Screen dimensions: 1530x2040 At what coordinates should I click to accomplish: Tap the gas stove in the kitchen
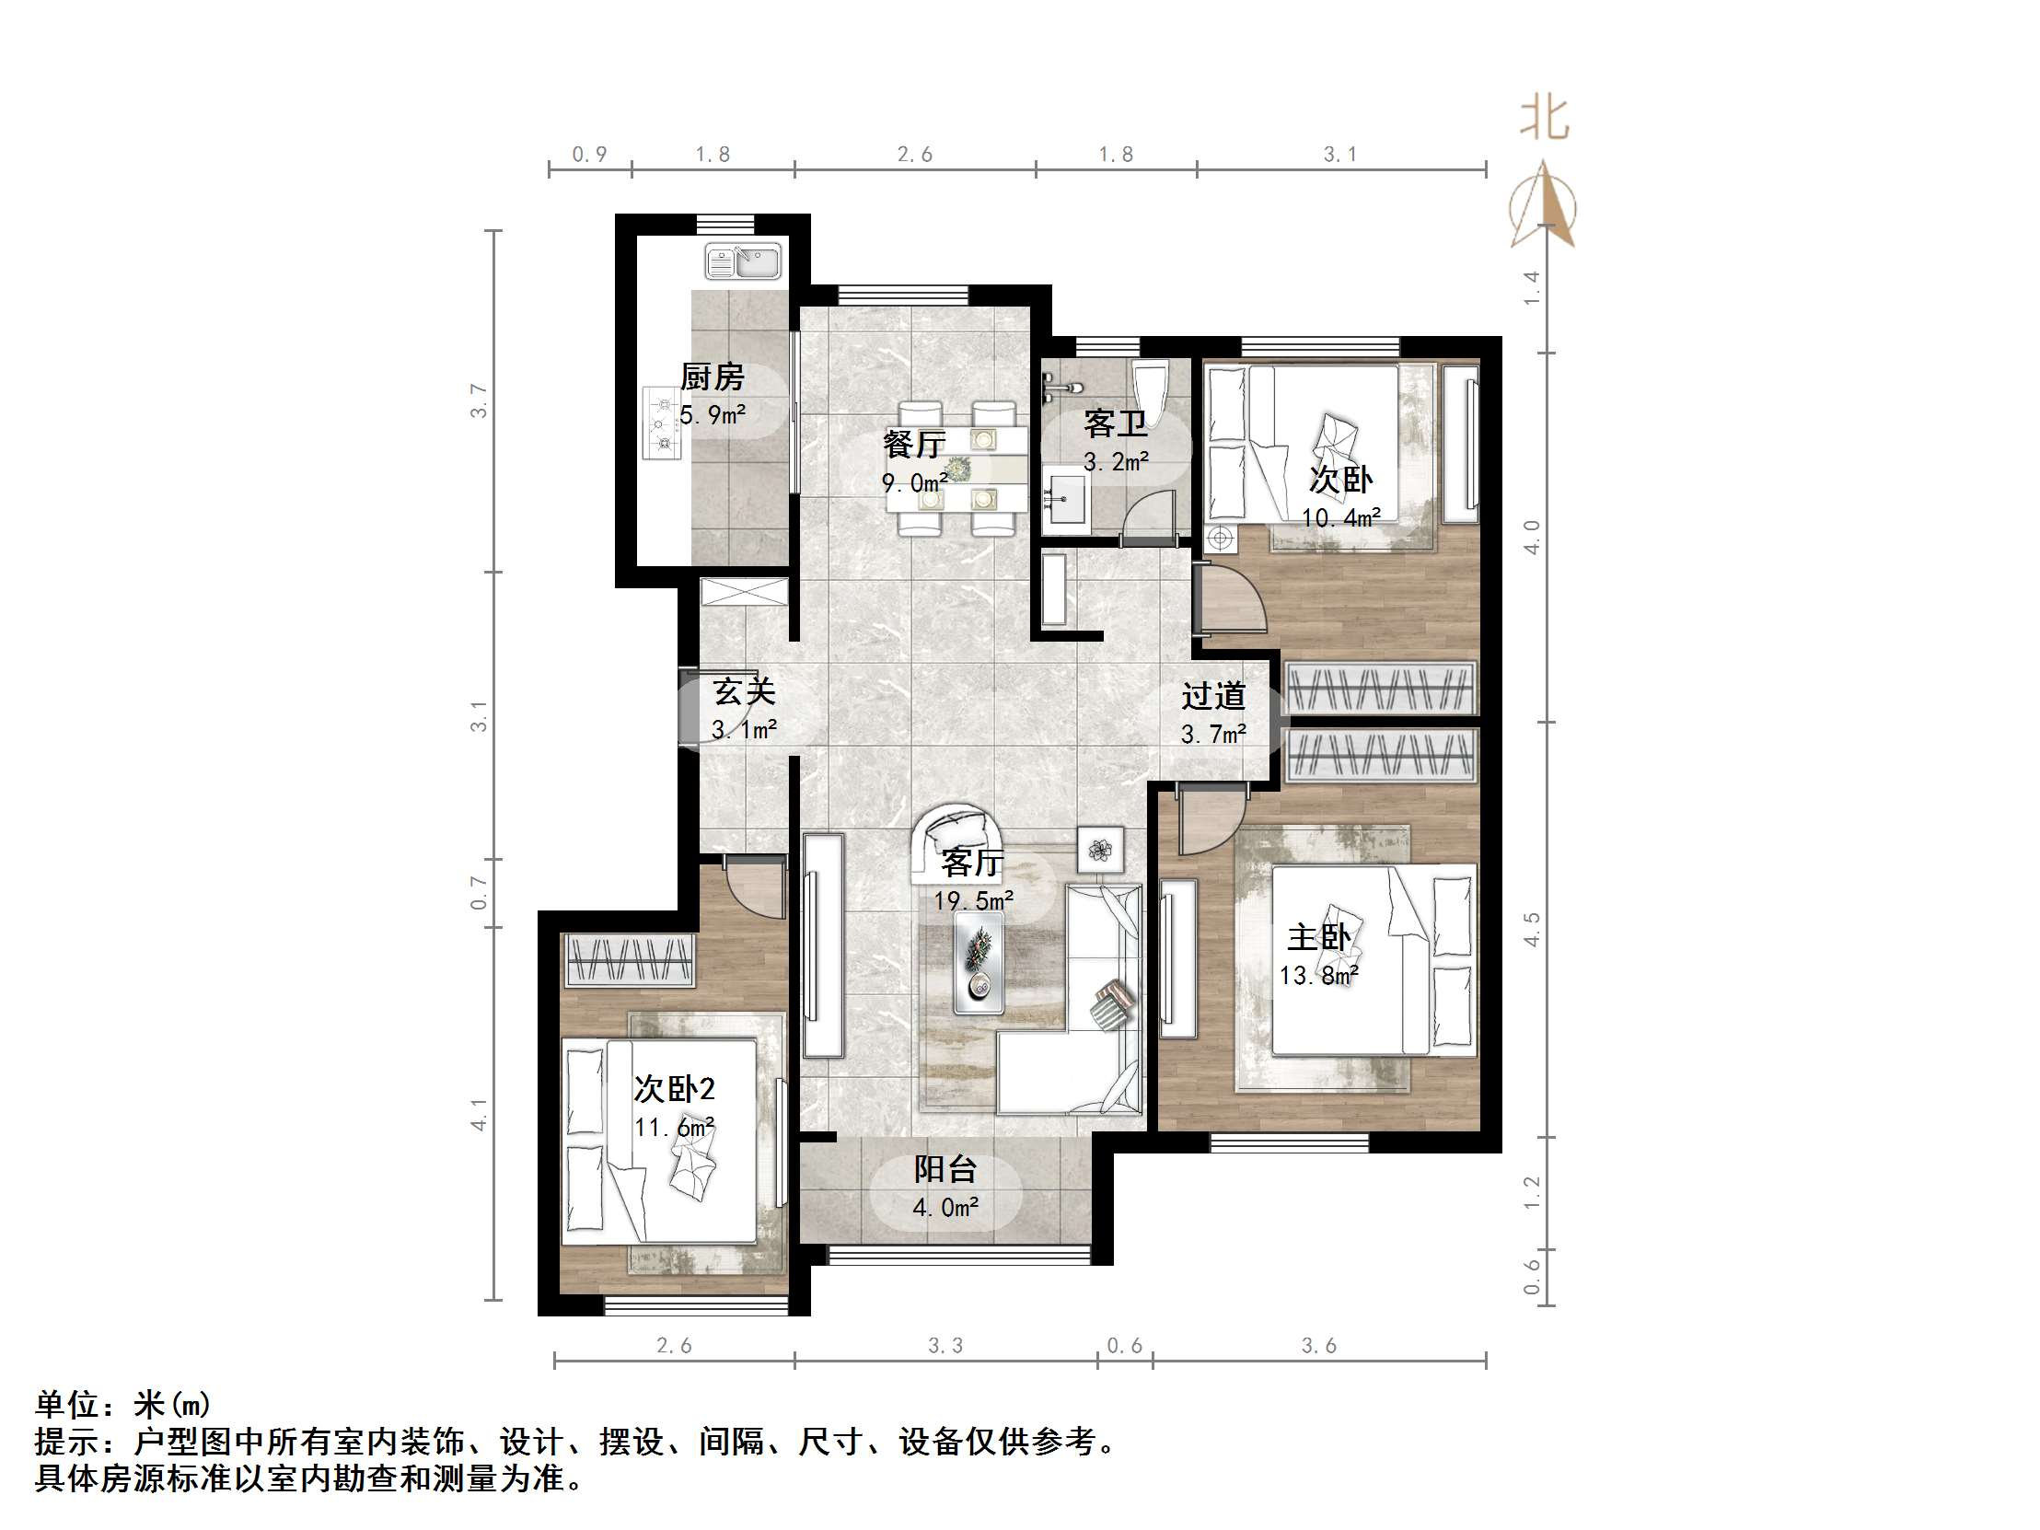click(x=661, y=423)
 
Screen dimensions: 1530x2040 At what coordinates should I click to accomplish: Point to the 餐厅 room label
click(x=914, y=444)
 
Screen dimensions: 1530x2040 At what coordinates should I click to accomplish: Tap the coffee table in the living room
click(x=979, y=963)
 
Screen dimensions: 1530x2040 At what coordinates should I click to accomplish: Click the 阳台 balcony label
click(x=945, y=1169)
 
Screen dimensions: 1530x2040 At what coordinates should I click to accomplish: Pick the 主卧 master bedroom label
click(x=1318, y=938)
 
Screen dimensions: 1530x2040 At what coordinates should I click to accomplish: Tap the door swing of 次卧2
click(x=754, y=887)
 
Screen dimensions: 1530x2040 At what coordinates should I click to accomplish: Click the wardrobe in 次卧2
click(x=629, y=960)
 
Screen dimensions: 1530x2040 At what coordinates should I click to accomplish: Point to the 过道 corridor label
click(x=1213, y=696)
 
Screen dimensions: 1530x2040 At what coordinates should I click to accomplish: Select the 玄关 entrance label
click(x=743, y=691)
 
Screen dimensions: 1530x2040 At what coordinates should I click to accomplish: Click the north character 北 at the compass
click(x=1544, y=119)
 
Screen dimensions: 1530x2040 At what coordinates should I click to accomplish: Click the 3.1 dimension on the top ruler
click(x=1340, y=155)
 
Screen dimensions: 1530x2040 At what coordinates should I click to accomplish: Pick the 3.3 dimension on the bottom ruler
click(x=945, y=1346)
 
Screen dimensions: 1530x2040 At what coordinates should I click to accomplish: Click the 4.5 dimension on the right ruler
click(x=1532, y=929)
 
